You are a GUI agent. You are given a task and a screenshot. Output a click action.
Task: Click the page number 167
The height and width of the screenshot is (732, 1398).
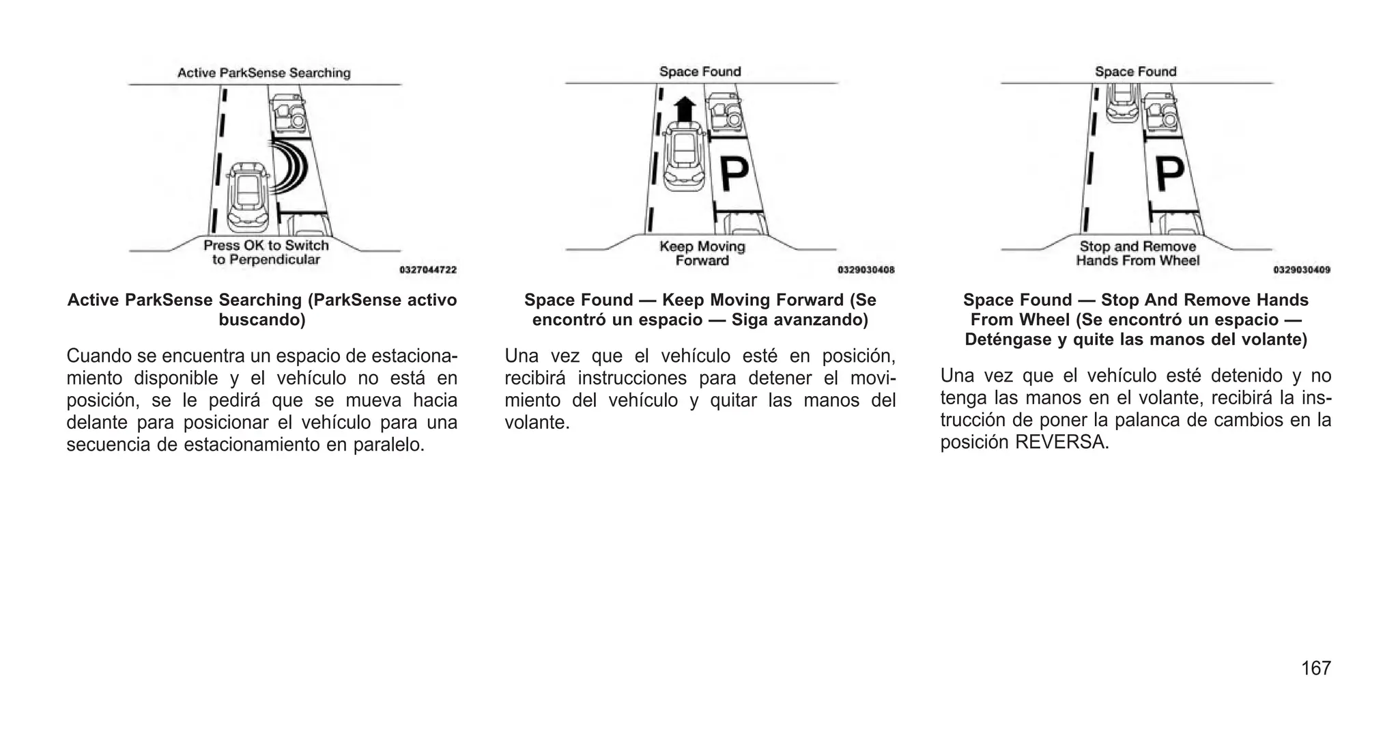click(x=1315, y=668)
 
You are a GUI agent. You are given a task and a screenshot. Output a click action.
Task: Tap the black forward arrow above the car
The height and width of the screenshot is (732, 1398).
click(x=685, y=109)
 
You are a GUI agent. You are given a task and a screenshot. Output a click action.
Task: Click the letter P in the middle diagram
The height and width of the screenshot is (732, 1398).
click(x=734, y=175)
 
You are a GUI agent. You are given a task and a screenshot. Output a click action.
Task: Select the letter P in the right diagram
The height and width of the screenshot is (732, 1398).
click(x=1169, y=174)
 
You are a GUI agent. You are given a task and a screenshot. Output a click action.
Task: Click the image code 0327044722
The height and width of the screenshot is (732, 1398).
click(x=428, y=270)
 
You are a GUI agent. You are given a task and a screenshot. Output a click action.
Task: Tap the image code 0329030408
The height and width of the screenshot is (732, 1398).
click(x=866, y=270)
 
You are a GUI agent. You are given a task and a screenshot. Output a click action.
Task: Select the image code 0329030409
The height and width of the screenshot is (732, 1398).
click(x=1301, y=270)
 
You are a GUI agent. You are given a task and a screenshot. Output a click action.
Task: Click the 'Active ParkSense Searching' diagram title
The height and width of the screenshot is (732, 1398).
click(x=263, y=73)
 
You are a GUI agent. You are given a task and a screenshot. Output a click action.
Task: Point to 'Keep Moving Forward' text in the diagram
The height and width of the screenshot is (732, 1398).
click(x=702, y=253)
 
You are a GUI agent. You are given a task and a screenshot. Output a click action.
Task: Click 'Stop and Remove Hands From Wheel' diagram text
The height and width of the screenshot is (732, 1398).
click(x=1137, y=253)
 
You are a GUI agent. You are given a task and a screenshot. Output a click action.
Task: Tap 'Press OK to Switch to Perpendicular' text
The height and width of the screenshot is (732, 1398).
click(x=266, y=253)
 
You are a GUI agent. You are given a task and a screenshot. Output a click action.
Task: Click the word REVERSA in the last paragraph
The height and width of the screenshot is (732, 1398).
click(x=1061, y=442)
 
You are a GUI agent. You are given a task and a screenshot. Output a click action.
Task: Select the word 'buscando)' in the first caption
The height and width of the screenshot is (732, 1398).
click(x=262, y=320)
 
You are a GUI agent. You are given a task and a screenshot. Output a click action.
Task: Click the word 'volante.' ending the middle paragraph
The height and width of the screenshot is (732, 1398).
click(x=537, y=423)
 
